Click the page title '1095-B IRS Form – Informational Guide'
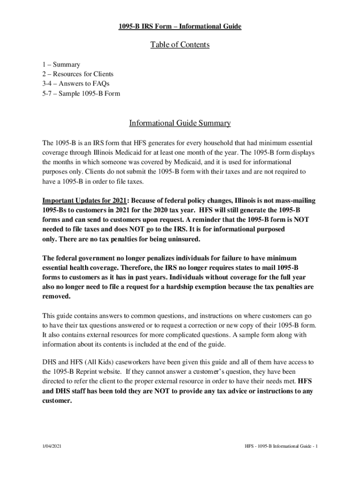coord(180,27)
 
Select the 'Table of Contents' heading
coord(180,45)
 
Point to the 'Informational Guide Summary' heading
coord(180,123)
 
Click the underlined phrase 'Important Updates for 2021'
coord(84,201)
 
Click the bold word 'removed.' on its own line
coord(57,297)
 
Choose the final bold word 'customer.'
coord(57,400)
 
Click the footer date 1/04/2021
coord(52,447)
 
